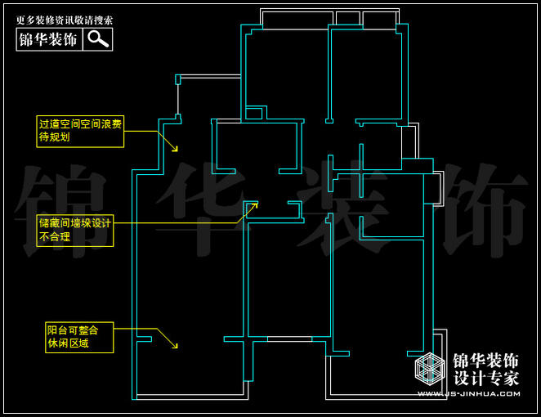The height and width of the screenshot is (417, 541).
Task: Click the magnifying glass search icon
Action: [98, 38]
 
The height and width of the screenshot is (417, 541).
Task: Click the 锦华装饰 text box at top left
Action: [48, 38]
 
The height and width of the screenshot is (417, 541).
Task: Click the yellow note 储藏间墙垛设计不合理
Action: [74, 230]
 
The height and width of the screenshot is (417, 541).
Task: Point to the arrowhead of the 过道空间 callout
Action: [175, 150]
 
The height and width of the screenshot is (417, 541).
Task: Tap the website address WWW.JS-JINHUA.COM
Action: [468, 393]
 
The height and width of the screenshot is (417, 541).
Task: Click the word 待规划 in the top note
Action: [55, 137]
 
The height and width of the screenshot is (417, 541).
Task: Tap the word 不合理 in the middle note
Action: [55, 237]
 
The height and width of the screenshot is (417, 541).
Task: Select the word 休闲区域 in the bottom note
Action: [69, 343]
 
